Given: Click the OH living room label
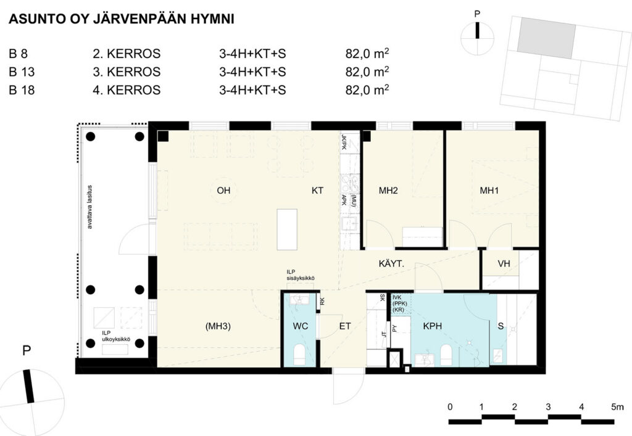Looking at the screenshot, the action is tap(223, 191).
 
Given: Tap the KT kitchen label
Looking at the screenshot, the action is tap(317, 191).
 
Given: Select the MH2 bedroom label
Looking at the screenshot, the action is tap(388, 191).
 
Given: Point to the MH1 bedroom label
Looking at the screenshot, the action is tap(489, 191).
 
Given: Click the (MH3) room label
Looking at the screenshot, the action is tap(218, 326).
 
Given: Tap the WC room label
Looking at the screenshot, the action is tap(301, 326).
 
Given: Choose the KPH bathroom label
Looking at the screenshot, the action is tap(433, 326).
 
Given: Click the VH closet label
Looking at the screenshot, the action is tap(504, 264).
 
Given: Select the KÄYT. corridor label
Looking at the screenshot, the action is tap(391, 264).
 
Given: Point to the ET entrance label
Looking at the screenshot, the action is tap(345, 326).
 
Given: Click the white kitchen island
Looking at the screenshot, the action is tap(287, 229).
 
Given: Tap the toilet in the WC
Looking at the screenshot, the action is tap(299, 355).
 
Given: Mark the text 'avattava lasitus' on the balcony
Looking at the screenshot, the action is tap(90, 207).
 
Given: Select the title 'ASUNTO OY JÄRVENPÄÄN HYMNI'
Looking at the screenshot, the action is tap(122, 19).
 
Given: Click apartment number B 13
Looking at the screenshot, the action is tap(22, 72).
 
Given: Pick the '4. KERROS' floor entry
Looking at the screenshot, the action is tap(127, 90).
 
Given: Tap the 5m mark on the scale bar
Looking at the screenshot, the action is tap(617, 407).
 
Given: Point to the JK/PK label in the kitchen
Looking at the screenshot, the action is tap(344, 141).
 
